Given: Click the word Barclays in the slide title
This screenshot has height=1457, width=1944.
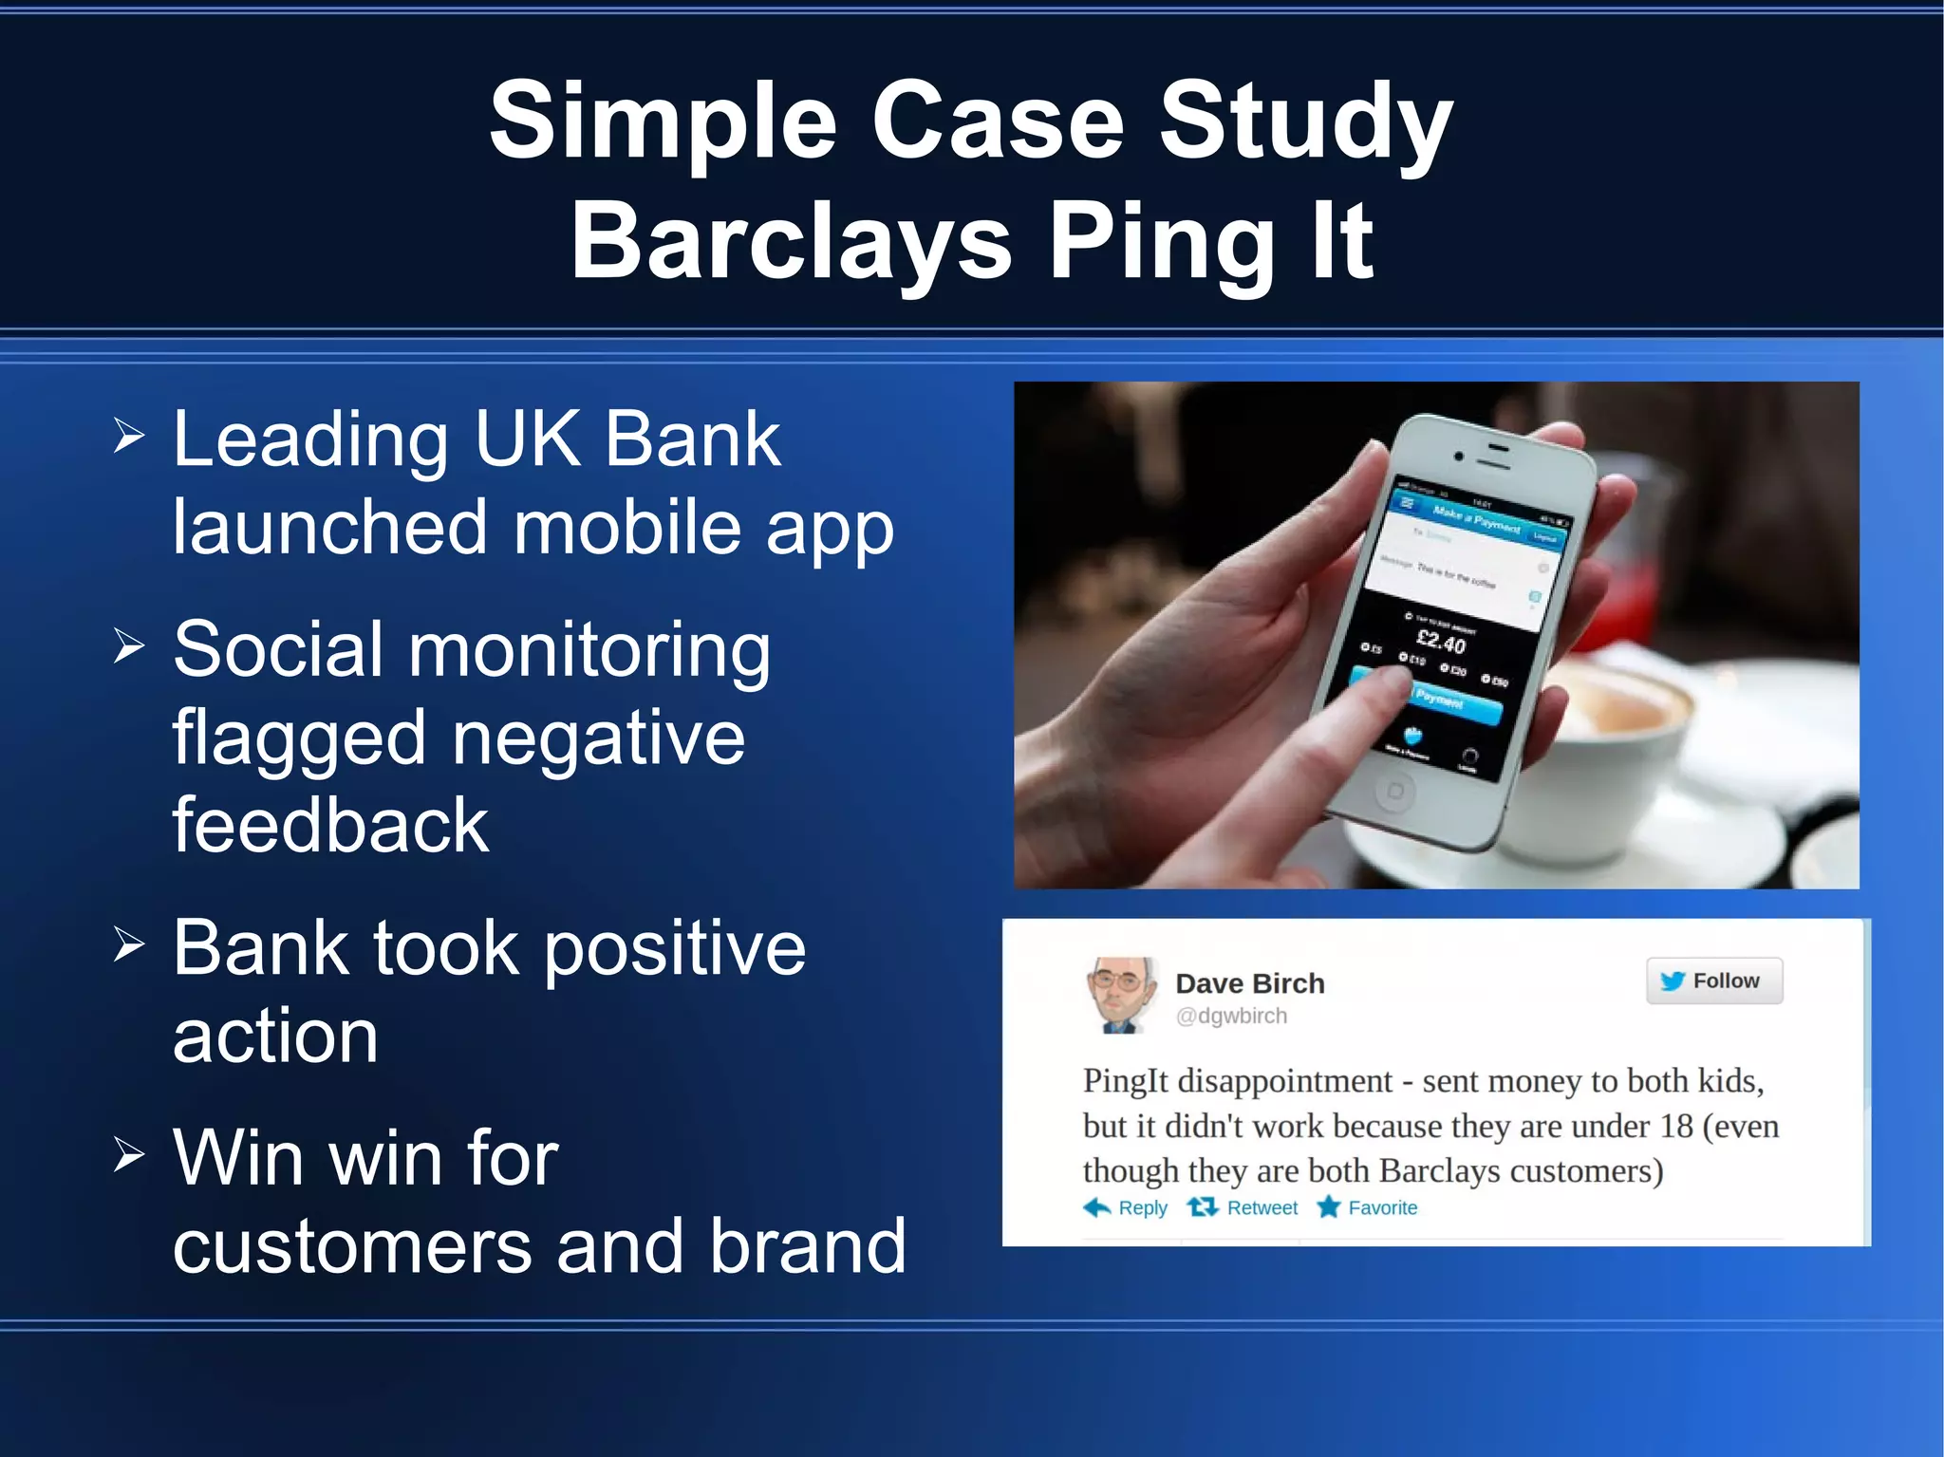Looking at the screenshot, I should tap(791, 242).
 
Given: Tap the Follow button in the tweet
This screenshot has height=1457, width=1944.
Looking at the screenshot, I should tap(1713, 981).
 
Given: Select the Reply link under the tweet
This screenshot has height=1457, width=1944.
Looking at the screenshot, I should tap(1126, 1207).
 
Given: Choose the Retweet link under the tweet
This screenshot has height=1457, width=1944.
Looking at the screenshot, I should tap(1243, 1207).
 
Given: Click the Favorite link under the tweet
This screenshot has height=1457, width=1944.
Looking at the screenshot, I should tap(1367, 1207).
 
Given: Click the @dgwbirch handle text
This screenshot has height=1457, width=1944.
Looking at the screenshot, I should tap(1231, 1016).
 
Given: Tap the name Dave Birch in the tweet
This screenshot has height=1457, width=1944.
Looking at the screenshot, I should tap(1249, 983).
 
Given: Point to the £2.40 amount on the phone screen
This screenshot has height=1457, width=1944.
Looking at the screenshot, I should tap(1440, 643).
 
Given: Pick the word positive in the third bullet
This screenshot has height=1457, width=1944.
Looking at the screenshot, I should tap(675, 948).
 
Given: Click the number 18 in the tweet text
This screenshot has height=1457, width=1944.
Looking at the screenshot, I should tap(1676, 1126).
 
